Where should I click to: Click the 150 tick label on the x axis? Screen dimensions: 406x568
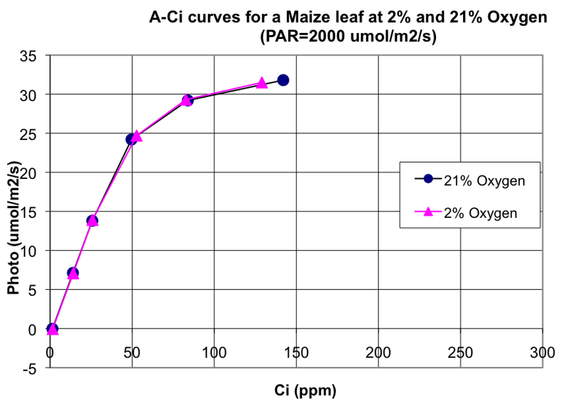click(x=296, y=353)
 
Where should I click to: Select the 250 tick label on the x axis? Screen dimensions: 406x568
click(x=460, y=353)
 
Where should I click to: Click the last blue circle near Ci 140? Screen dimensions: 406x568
click(x=283, y=80)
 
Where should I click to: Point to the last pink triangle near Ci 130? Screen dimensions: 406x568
click(x=262, y=83)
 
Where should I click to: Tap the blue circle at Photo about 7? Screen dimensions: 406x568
click(x=73, y=273)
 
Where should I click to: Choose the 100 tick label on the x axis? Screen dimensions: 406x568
click(x=214, y=353)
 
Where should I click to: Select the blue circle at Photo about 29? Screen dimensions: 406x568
click(x=188, y=100)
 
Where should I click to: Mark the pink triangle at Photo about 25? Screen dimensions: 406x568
click(x=137, y=136)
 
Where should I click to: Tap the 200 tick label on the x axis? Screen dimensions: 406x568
click(x=378, y=353)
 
